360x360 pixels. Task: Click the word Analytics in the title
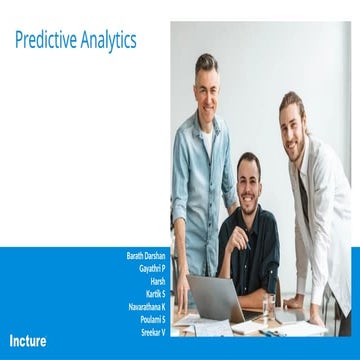click(108, 41)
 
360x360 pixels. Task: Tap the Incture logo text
click(27, 340)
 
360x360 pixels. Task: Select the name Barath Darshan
click(146, 257)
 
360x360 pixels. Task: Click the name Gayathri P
click(152, 269)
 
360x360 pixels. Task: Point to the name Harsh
click(157, 281)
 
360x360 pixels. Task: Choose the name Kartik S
click(154, 293)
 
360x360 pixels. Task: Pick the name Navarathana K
click(147, 305)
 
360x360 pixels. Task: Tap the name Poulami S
click(152, 317)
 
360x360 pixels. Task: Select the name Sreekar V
click(153, 329)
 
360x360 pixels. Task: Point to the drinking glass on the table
click(267, 304)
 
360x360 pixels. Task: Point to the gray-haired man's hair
click(207, 62)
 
